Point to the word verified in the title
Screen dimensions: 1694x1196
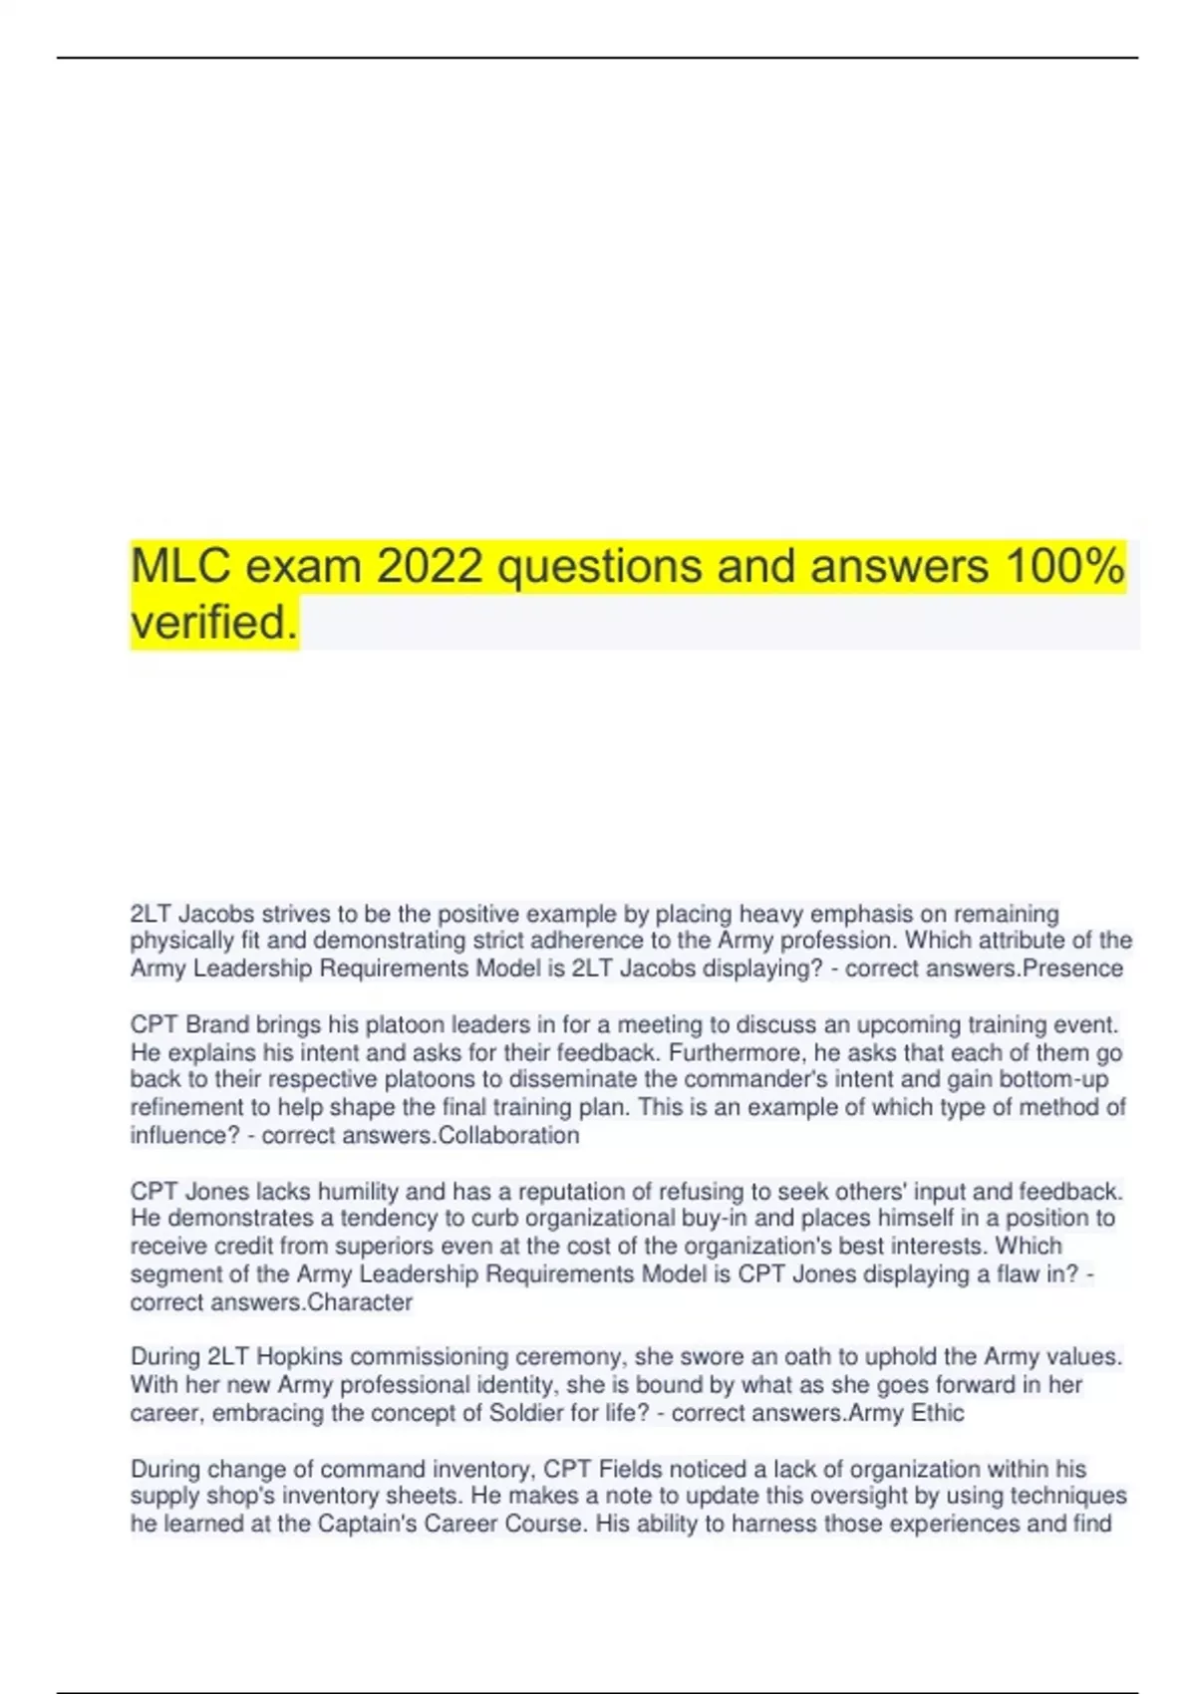pyautogui.click(x=213, y=623)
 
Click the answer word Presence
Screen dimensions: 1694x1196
pyautogui.click(x=1073, y=969)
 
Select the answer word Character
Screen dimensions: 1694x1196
pyautogui.click(x=360, y=1302)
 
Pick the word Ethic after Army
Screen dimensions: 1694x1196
pyautogui.click(x=937, y=1413)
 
